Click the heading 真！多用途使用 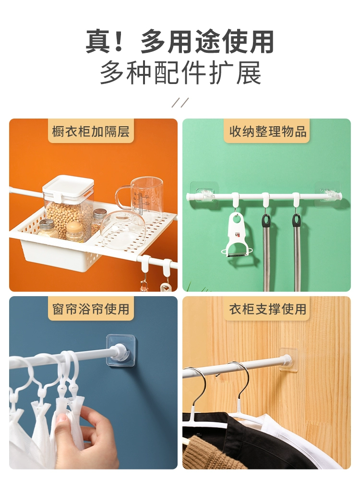(180, 42)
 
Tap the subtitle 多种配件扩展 (180, 73)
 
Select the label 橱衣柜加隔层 (91, 132)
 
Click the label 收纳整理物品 (268, 132)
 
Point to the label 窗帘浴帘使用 (91, 309)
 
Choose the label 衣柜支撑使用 (268, 309)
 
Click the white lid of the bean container (68, 185)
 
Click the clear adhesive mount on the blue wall (120, 350)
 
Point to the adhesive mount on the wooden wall (289, 359)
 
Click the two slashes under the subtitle (180, 103)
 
